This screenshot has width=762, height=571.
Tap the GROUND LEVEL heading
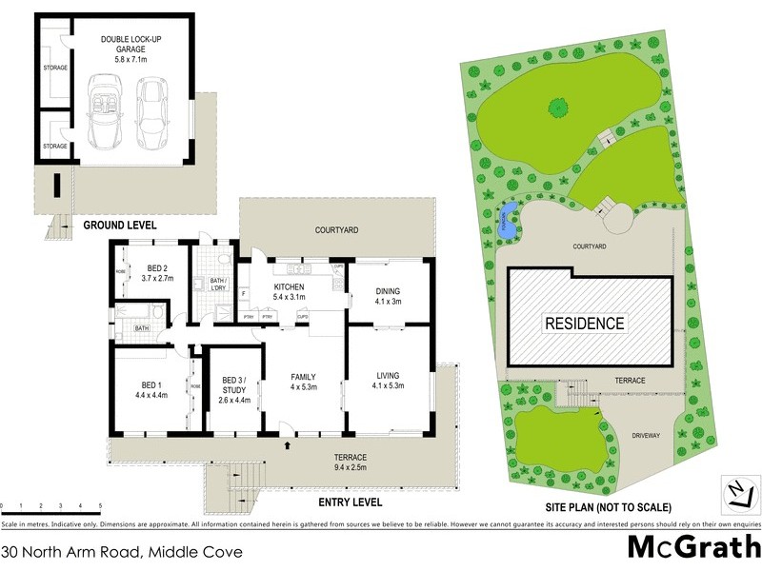119,226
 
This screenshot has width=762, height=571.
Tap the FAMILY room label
303,382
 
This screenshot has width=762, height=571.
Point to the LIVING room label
389,380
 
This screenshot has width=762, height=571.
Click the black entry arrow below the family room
287,443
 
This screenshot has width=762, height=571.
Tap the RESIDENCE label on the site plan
584,324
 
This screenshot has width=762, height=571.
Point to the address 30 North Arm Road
121,551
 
